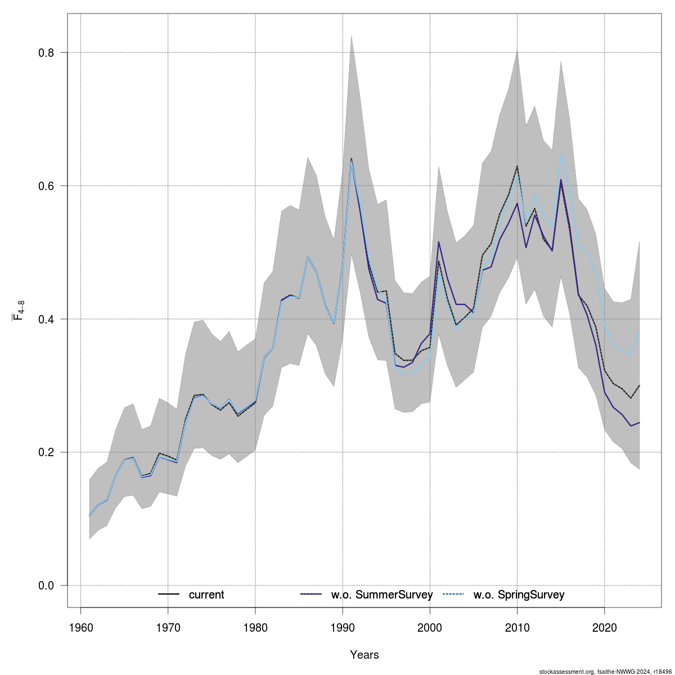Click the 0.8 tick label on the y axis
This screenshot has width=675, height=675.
point(46,53)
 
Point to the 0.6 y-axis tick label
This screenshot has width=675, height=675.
point(46,186)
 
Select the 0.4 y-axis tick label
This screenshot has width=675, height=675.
point(46,319)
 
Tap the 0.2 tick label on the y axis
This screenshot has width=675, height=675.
point(46,452)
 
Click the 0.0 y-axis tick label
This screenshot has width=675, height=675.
point(46,586)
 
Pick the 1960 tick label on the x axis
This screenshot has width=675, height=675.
point(81,627)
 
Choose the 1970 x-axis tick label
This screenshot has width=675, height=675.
point(168,627)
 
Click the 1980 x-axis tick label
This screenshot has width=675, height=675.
point(255,627)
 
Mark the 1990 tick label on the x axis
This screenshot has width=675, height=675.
point(343,627)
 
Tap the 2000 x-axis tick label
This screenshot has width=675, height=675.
point(430,627)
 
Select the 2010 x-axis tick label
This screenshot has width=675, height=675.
point(517,627)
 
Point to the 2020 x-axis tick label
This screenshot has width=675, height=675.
point(605,627)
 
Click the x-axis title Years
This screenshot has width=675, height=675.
point(364,655)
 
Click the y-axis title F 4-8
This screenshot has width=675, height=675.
point(19,319)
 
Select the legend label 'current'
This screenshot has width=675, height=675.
point(206,595)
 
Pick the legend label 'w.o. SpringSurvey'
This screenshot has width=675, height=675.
point(519,595)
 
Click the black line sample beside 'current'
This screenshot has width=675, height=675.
point(169,595)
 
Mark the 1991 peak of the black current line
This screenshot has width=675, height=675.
point(351,159)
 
